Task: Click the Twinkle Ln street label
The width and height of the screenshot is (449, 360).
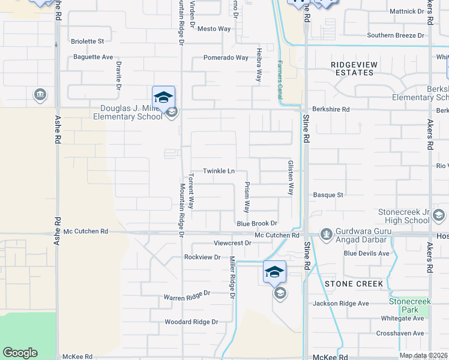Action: (x=218, y=171)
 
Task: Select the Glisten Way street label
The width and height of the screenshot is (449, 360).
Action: (x=290, y=177)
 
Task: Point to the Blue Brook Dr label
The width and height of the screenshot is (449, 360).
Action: (x=256, y=223)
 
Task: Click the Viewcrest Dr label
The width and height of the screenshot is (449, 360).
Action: (x=232, y=243)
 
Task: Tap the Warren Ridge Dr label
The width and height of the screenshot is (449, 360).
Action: (x=187, y=295)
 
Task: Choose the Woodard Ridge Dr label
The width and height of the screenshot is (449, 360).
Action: (x=191, y=322)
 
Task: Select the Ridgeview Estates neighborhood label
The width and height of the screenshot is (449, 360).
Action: (x=352, y=68)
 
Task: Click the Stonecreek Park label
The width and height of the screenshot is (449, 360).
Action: (x=411, y=305)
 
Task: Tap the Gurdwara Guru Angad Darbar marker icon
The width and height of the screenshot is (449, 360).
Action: (x=326, y=233)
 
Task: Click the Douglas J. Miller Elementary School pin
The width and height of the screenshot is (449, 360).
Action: (x=163, y=97)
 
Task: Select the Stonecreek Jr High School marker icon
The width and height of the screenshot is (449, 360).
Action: (x=438, y=215)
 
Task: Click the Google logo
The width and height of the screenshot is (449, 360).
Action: (x=20, y=353)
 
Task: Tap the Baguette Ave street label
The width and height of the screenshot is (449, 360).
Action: (x=92, y=57)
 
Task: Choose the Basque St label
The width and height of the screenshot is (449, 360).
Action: (x=328, y=195)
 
